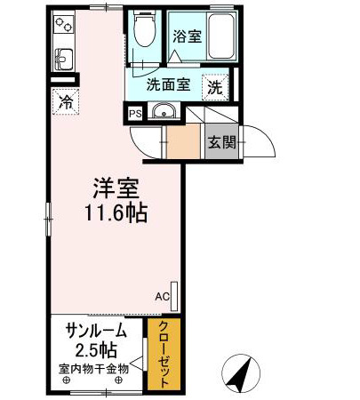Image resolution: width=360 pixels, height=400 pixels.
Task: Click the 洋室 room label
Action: click(x=116, y=189)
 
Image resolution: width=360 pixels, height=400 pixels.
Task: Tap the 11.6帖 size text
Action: click(x=116, y=214)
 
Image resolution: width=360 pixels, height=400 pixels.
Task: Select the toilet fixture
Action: click(x=142, y=33)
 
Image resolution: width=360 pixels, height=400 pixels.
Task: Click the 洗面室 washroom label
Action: click(x=168, y=86)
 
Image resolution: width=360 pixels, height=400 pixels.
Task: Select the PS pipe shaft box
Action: click(x=134, y=114)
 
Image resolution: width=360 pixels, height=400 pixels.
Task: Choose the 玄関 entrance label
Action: click(x=222, y=143)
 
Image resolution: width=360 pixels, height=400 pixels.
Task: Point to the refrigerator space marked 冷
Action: click(x=65, y=101)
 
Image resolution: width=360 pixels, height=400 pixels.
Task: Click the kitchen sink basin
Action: click(x=64, y=61)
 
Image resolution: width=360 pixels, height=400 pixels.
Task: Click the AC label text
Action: click(x=162, y=296)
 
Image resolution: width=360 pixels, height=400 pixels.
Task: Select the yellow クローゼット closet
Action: click(x=165, y=355)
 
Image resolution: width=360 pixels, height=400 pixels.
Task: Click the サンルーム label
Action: click(x=94, y=331)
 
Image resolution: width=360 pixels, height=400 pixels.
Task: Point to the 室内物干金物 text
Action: click(x=94, y=367)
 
